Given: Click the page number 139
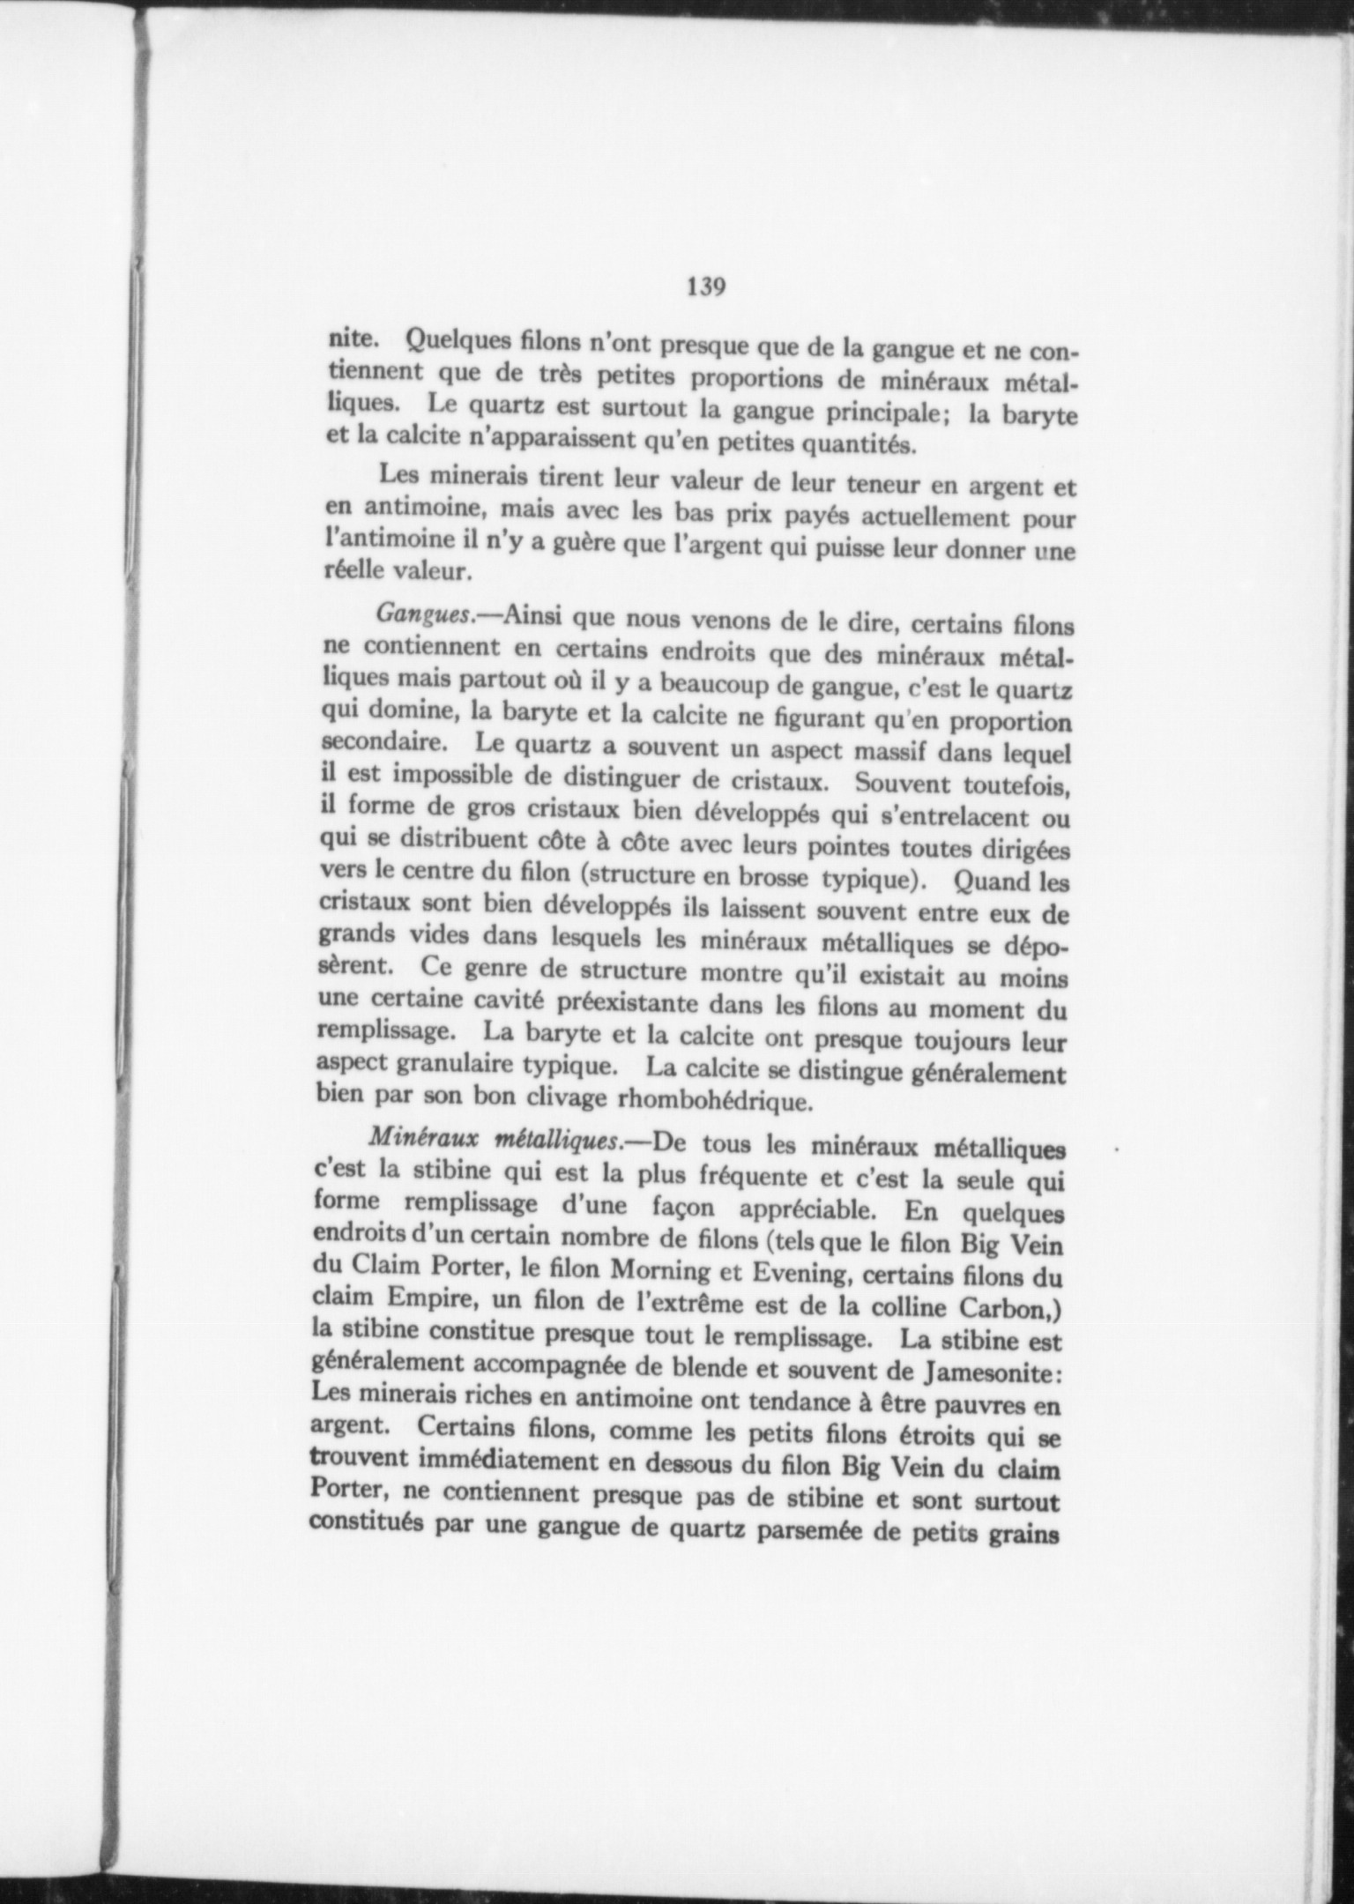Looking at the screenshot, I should coord(705,287).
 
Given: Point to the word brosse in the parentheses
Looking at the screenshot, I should coord(774,880).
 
